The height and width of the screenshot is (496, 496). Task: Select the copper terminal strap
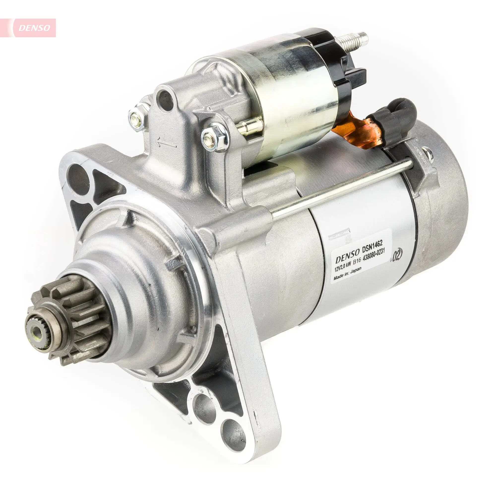(x=361, y=129)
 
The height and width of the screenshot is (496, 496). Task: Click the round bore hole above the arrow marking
(x=165, y=99)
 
